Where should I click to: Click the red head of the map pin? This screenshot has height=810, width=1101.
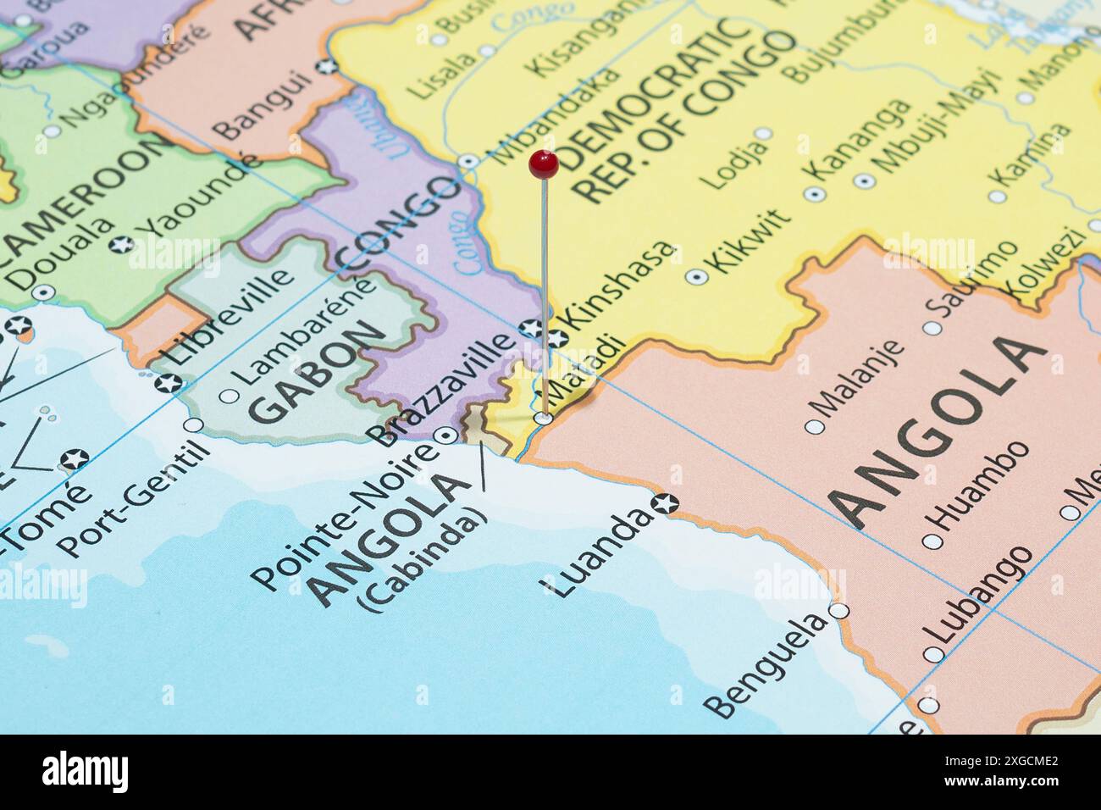[x=543, y=164]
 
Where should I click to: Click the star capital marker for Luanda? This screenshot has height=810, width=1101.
[x=667, y=503]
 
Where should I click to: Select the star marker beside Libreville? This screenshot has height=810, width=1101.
[x=167, y=383]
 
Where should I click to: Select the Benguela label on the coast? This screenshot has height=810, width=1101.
[x=766, y=665]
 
